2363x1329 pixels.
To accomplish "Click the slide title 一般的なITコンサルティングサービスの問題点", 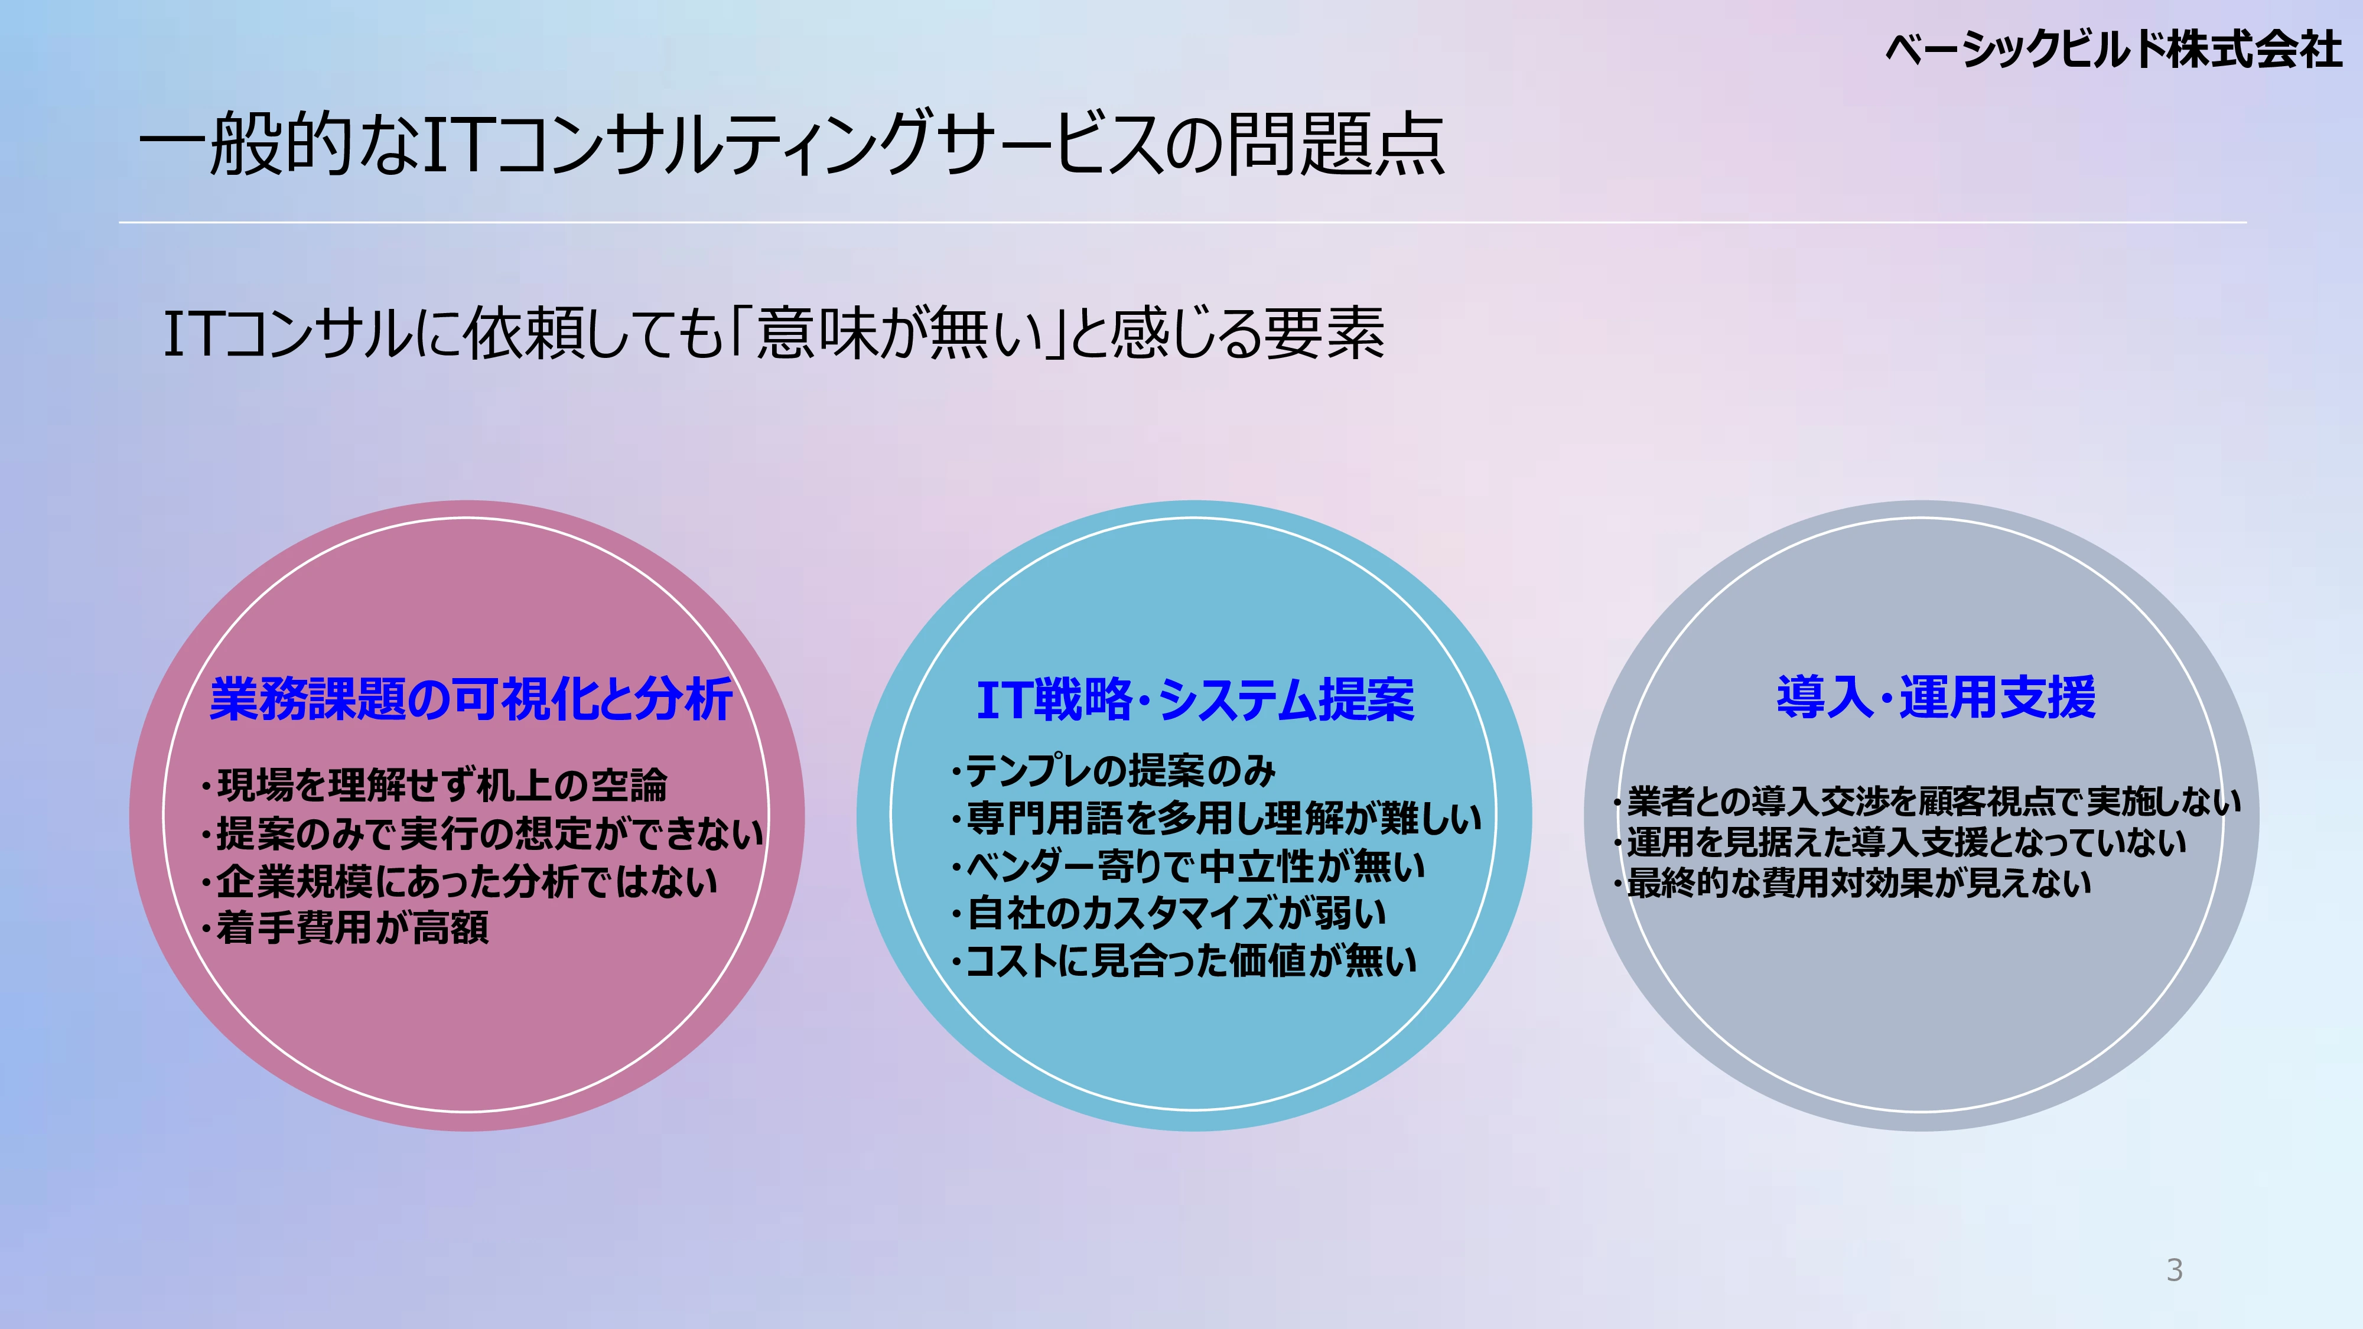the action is click(x=792, y=144).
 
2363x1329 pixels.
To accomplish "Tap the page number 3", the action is click(x=2174, y=1271).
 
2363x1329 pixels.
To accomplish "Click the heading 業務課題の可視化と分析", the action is click(x=471, y=699).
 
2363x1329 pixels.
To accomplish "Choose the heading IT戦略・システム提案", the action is click(x=1195, y=700).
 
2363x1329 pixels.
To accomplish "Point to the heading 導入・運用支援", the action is click(x=1936, y=696).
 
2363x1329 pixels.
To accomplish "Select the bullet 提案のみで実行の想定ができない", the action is click(x=481, y=833).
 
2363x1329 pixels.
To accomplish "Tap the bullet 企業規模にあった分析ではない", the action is click(x=458, y=881).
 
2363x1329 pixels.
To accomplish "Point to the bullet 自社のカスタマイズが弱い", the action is click(x=1168, y=913).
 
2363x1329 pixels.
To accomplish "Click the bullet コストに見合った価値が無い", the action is click(x=1183, y=960).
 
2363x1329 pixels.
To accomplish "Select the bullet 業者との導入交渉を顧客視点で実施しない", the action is click(x=1927, y=802).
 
